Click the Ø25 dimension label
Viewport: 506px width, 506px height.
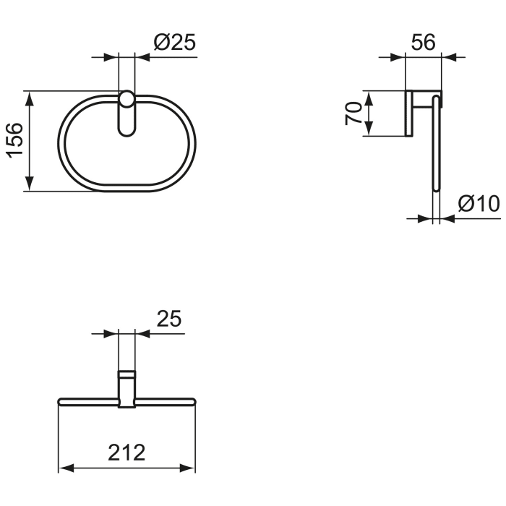pyautogui.click(x=174, y=43)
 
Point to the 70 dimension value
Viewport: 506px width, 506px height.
pyautogui.click(x=353, y=113)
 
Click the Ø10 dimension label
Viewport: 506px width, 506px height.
pyautogui.click(x=478, y=205)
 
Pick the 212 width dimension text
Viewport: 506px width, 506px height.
pyautogui.click(x=126, y=453)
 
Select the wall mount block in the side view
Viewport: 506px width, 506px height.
pyautogui.click(x=409, y=113)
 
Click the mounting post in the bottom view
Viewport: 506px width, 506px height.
pyautogui.click(x=126, y=388)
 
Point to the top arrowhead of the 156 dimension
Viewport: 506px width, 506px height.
pyautogui.click(x=29, y=96)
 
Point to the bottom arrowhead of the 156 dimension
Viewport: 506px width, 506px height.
pyautogui.click(x=29, y=186)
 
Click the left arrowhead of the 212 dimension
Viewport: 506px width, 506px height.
pyautogui.click(x=63, y=468)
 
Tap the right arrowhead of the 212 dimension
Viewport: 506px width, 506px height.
pyautogui.click(x=190, y=468)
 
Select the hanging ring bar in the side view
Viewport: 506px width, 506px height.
pyautogui.click(x=435, y=145)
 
